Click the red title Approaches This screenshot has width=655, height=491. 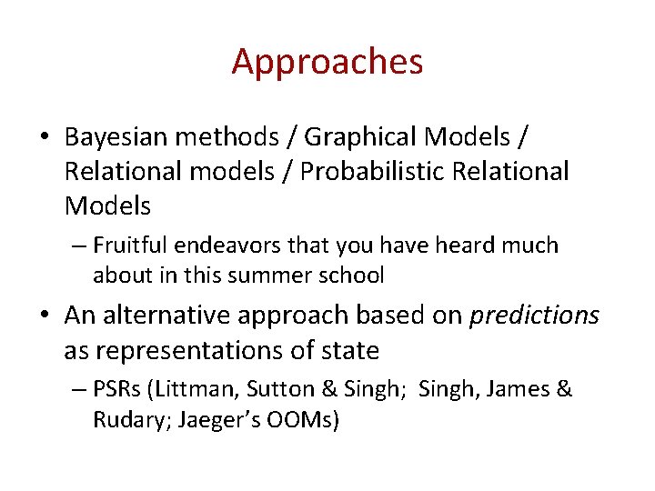point(327,62)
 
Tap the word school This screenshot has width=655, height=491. point(356,275)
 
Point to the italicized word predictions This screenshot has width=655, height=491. point(534,316)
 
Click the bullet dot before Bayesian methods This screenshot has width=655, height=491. point(45,138)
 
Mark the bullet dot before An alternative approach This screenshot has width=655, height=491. point(45,316)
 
